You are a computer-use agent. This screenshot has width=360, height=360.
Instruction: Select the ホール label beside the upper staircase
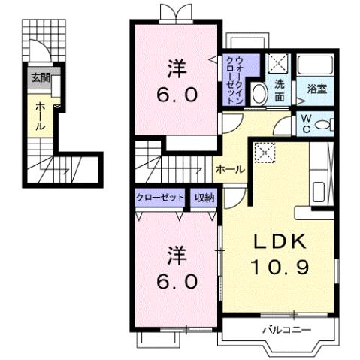pos(229,169)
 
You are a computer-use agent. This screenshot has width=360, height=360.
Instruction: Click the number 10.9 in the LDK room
pos(280,265)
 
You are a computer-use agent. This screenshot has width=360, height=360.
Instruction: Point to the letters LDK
pos(279,242)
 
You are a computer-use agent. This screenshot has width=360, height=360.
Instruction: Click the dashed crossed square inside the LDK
pos(264,152)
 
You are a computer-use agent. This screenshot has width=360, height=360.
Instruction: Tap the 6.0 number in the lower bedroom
pos(177,282)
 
